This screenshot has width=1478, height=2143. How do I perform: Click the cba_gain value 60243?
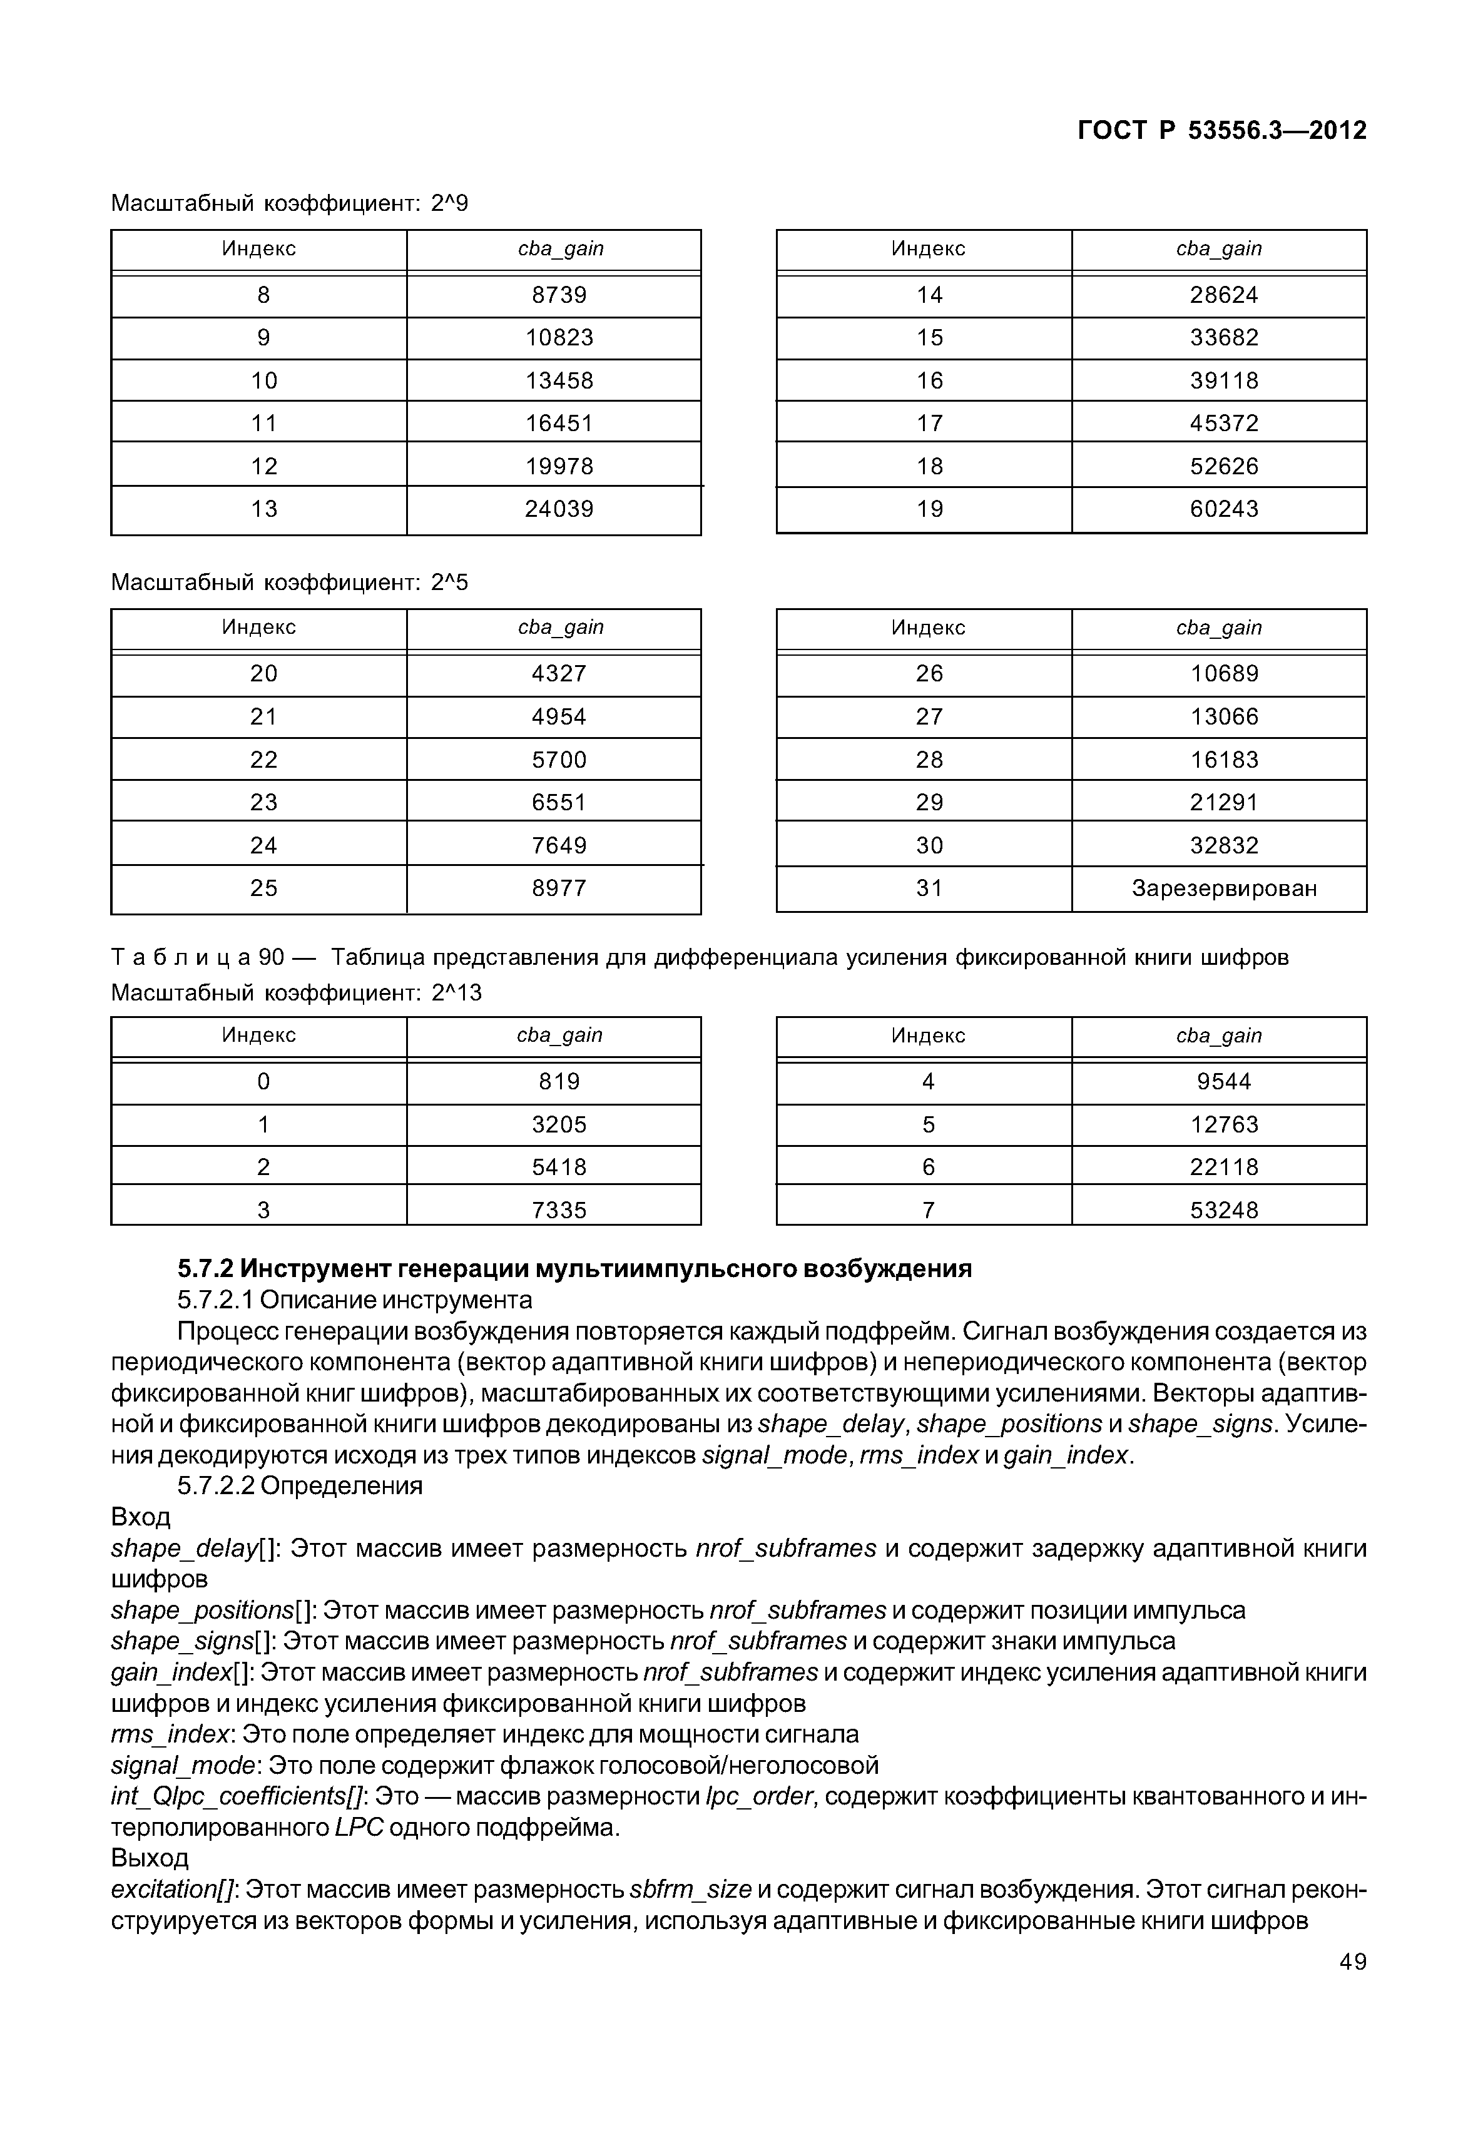pos(1223,509)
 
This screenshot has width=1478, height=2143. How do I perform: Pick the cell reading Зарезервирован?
pos(1223,888)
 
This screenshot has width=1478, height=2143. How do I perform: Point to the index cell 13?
pos(264,509)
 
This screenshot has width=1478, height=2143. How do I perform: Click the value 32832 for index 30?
pos(1223,845)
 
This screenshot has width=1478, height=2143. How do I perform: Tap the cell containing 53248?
pos(1223,1209)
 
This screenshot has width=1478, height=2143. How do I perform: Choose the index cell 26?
pos(929,673)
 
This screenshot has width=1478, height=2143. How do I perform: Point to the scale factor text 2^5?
pos(449,583)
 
